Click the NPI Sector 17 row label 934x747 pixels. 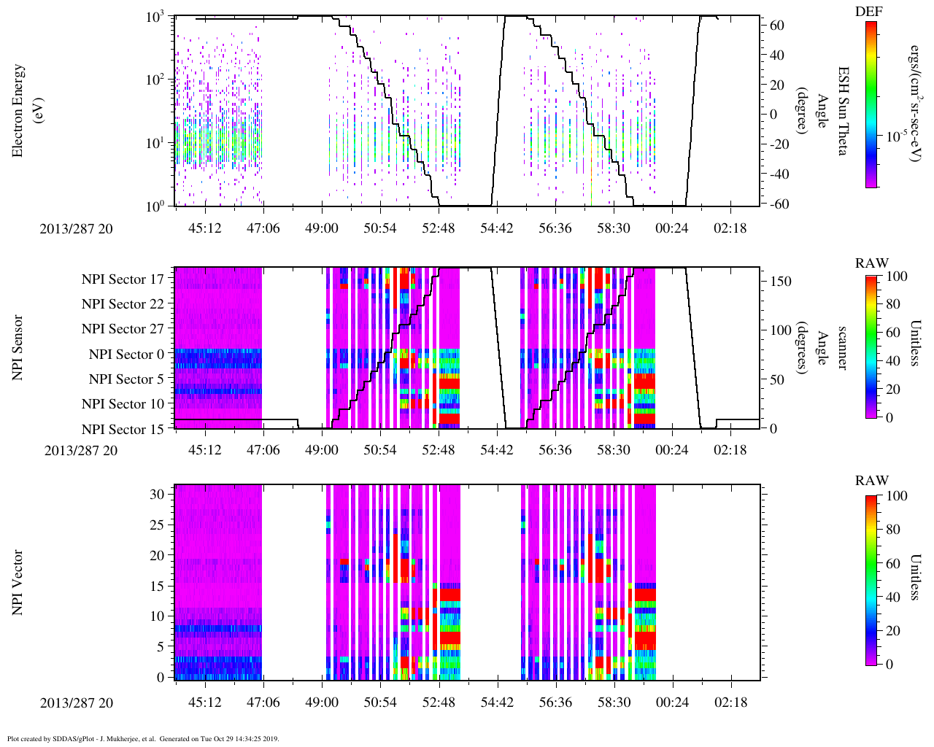[x=123, y=279]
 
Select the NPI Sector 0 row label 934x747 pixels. [x=126, y=355]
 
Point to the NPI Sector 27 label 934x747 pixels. [x=123, y=329]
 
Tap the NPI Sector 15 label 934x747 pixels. [x=123, y=430]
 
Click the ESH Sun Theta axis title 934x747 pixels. [x=843, y=111]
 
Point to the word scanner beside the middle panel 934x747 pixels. [x=843, y=347]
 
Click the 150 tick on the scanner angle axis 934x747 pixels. [x=781, y=281]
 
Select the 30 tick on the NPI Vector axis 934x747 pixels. [x=158, y=494]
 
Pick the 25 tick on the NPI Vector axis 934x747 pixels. [x=158, y=525]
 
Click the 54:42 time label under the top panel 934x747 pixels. [x=496, y=228]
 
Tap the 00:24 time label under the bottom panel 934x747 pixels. [x=671, y=702]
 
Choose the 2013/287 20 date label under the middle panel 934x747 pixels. [x=80, y=450]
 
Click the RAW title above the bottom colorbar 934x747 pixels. [x=872, y=480]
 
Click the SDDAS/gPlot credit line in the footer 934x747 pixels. [x=143, y=738]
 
